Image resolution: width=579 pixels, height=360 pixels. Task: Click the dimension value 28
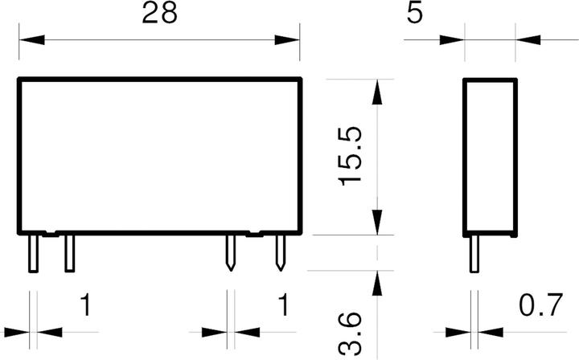pos(159,14)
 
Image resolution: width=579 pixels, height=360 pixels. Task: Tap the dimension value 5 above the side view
pos(414,14)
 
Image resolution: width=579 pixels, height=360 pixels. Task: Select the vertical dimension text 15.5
pos(350,156)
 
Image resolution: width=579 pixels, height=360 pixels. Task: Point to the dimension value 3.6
pos(350,333)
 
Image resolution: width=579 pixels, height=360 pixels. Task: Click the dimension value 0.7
pos(541,305)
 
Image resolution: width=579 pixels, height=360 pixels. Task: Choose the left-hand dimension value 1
pos(86,305)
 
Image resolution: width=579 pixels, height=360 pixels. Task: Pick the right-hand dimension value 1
pos(283,305)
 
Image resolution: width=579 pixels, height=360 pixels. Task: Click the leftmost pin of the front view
pos(33,254)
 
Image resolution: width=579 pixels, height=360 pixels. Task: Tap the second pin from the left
pos(70,254)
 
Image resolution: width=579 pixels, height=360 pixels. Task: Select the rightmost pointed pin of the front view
pos(281,252)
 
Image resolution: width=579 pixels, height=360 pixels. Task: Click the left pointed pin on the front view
pos(231,252)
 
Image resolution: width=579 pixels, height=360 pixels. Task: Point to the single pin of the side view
pos(474,255)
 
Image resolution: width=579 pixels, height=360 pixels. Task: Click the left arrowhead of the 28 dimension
pos(31,40)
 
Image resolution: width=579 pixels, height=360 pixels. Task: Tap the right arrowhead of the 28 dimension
pos(287,40)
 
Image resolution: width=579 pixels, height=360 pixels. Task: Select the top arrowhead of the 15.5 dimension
pos(377,92)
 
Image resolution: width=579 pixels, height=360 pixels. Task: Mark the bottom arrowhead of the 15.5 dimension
pos(377,222)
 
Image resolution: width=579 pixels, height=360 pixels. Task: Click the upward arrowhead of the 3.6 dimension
pos(377,284)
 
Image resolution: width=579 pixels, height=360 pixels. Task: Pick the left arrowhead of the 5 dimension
pos(452,40)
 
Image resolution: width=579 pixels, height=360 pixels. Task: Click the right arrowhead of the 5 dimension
pos(528,40)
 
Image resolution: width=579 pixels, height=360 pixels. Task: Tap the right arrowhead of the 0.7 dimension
pos(491,332)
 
